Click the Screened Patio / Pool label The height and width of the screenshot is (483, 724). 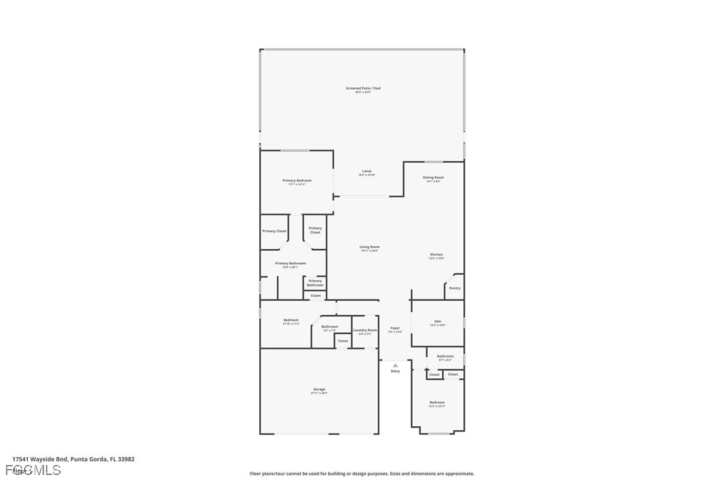(x=363, y=88)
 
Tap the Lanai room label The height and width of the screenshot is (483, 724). (x=367, y=171)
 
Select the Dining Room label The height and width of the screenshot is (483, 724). (x=433, y=177)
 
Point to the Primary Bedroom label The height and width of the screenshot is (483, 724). (x=297, y=180)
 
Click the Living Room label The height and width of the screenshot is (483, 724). (x=369, y=247)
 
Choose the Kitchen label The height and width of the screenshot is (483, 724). (x=436, y=254)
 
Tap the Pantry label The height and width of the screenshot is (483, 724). (x=455, y=288)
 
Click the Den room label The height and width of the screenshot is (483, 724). (x=437, y=321)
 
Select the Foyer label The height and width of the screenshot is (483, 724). (x=395, y=328)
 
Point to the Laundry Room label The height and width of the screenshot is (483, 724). (x=365, y=330)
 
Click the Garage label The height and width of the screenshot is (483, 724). (x=319, y=389)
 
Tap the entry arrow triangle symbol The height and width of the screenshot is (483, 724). (x=395, y=365)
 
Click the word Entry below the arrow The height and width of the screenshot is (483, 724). (x=395, y=371)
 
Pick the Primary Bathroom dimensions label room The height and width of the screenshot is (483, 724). (x=291, y=267)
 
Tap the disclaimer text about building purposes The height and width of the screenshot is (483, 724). (x=362, y=474)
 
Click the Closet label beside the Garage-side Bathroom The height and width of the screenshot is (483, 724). (x=343, y=341)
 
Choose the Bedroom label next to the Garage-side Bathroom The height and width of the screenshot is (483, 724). (x=291, y=320)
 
